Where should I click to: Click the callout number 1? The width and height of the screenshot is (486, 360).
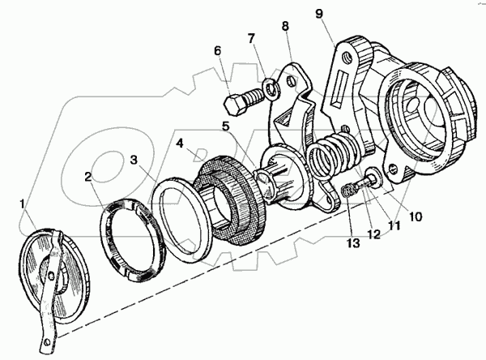22,204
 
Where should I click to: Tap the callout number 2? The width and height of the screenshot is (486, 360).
88,178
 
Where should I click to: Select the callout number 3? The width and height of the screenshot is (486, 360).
134,161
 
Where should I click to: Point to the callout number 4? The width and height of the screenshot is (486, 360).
180,144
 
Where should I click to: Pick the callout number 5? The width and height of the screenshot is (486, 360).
226,126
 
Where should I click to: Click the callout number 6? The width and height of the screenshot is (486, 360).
218,51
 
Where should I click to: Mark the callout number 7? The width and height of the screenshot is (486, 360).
251,39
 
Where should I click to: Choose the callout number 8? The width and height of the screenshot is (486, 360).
285,26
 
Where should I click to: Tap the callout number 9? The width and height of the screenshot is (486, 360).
319,14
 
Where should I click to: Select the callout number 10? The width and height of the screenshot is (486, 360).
416,216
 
